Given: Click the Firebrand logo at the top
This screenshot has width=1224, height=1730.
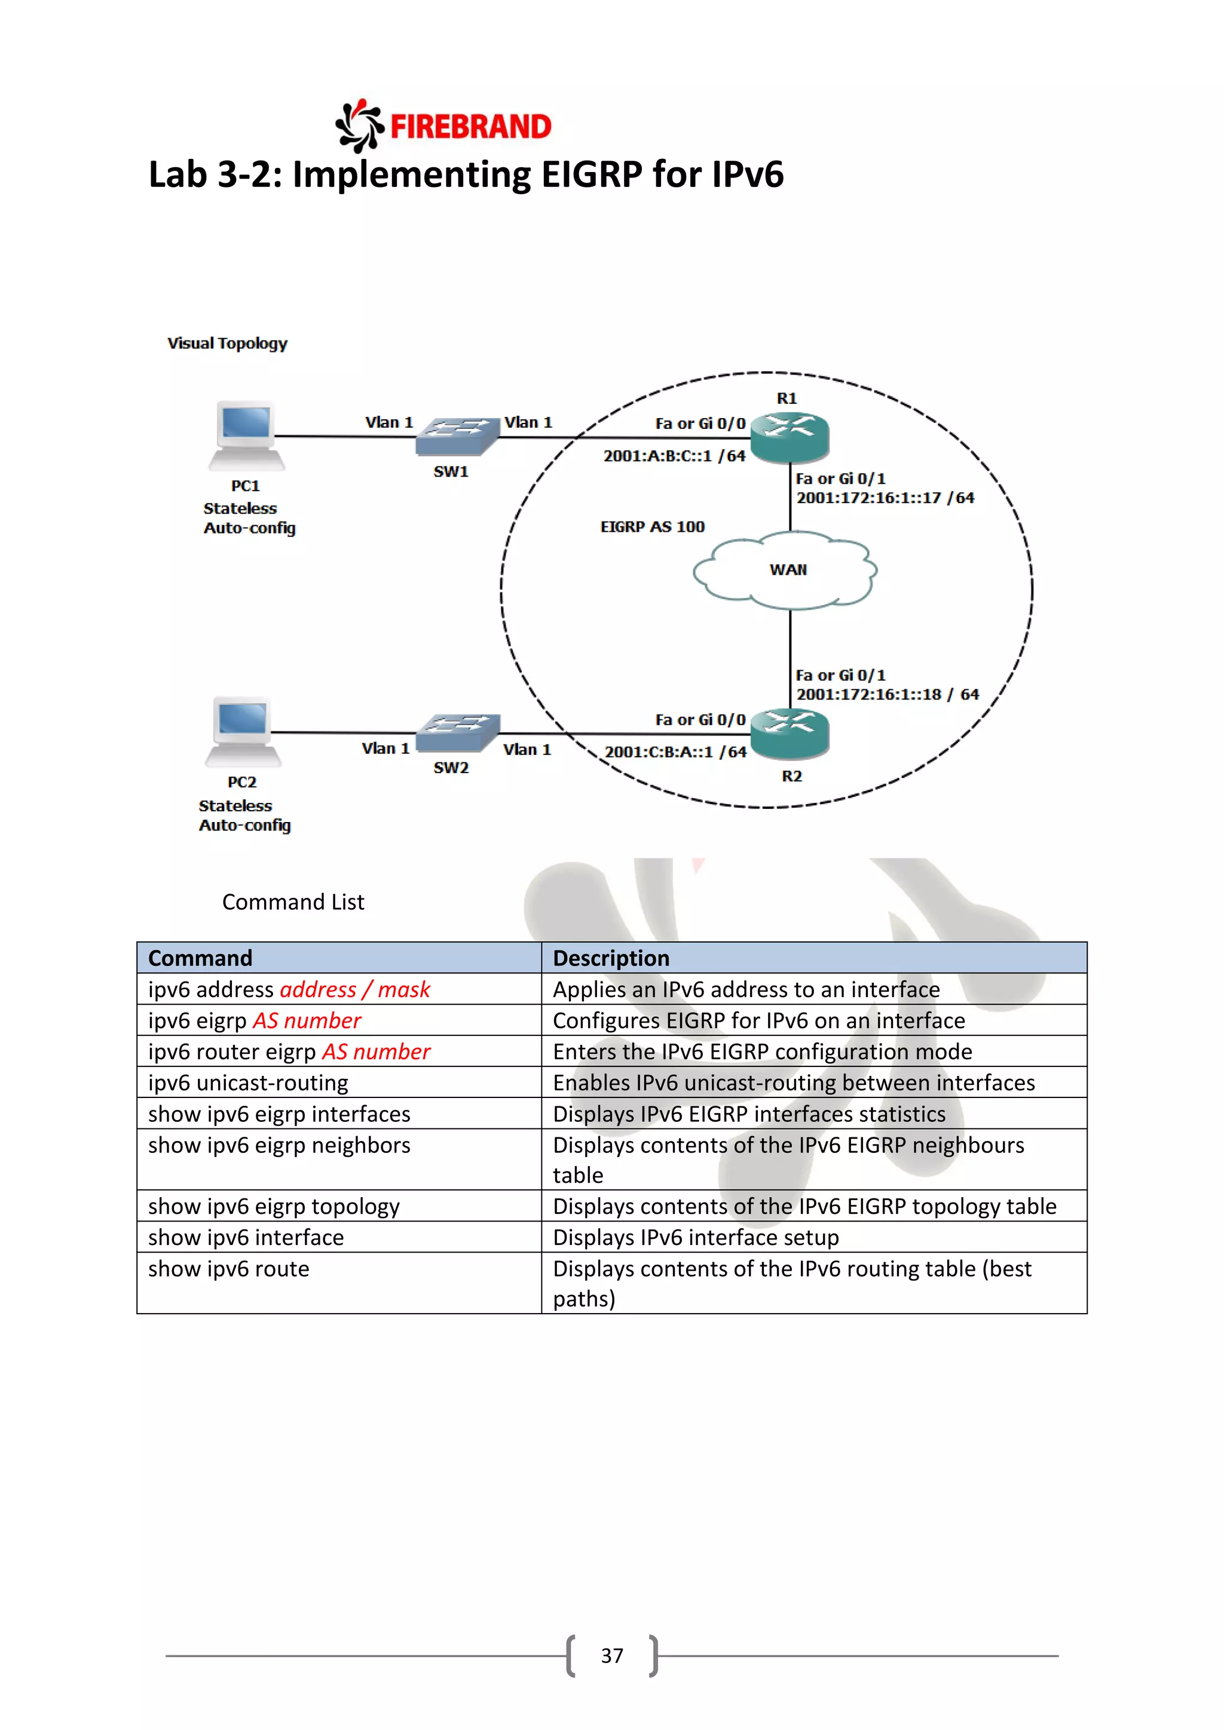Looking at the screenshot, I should [x=443, y=126].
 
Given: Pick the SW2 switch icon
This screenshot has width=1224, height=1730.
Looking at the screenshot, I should [x=457, y=732].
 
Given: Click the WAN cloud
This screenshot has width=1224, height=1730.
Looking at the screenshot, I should [x=785, y=570].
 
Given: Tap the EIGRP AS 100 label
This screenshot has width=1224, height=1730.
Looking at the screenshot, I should [x=652, y=527].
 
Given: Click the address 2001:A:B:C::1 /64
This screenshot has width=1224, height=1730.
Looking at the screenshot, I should [x=674, y=456].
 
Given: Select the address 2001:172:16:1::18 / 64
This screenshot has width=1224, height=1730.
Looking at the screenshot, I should [x=887, y=695].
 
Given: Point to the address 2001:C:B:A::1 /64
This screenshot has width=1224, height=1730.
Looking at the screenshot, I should [x=675, y=752].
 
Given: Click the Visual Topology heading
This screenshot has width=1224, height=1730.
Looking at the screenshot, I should [x=227, y=343].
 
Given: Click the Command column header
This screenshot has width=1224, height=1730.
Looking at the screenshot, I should [x=200, y=958].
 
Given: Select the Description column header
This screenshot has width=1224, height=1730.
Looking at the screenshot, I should [x=610, y=958].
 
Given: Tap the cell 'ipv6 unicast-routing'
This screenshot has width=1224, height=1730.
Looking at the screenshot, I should [x=248, y=1083].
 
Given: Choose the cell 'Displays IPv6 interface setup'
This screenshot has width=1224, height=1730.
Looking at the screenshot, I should [x=695, y=1237].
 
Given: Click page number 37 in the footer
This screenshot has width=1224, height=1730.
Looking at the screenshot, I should [x=611, y=1655].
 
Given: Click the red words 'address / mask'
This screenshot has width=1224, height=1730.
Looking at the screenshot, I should [x=354, y=989].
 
